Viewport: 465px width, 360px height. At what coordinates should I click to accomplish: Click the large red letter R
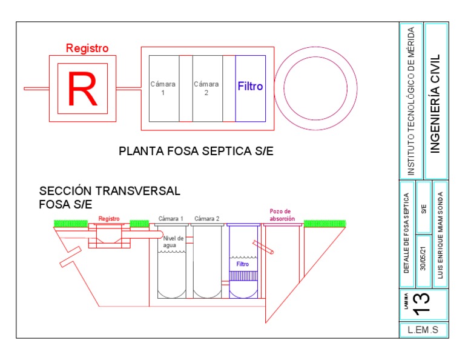[82, 88]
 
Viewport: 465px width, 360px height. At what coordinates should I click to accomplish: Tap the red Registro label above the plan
[87, 48]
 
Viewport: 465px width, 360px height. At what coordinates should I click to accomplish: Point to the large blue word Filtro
[250, 87]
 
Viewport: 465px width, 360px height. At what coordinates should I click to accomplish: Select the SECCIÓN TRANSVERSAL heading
[110, 191]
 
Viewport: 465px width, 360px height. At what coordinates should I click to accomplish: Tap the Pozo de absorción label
[282, 215]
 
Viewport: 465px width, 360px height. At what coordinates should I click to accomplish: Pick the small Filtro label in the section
[243, 264]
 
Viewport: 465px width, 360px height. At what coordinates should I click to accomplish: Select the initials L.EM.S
[423, 330]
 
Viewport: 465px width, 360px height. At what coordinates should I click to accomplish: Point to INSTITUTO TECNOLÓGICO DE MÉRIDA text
[411, 101]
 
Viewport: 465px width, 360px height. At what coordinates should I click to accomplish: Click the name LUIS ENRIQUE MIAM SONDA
[440, 235]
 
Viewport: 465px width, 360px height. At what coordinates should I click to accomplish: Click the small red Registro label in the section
[109, 219]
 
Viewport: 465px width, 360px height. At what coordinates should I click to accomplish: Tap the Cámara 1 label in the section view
[171, 218]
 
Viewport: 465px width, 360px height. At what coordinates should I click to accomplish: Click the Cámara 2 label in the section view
[207, 218]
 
